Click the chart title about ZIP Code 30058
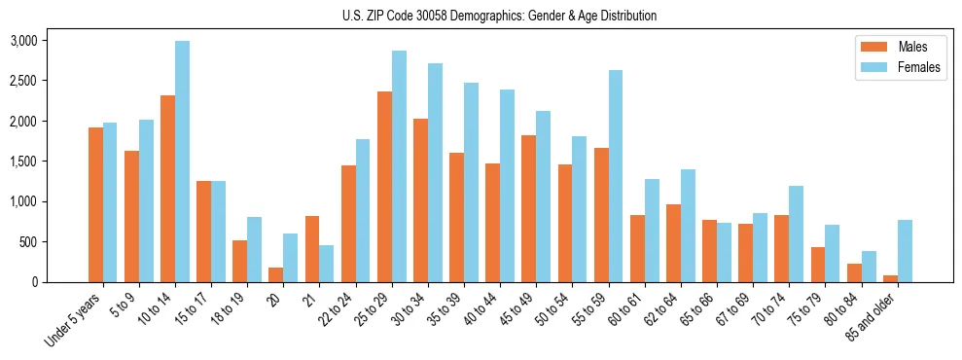pyautogui.click(x=499, y=16)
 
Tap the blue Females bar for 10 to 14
pyautogui.click(x=182, y=162)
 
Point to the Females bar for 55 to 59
pyautogui.click(x=615, y=176)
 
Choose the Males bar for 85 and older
pyautogui.click(x=890, y=278)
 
